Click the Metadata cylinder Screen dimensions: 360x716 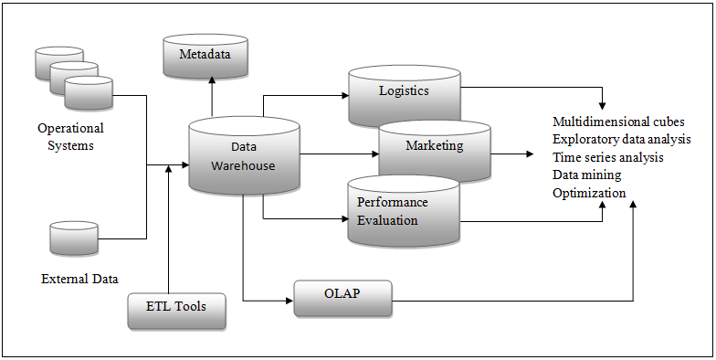click(x=205, y=56)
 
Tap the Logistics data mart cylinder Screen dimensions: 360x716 click(x=404, y=94)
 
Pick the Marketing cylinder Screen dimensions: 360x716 click(x=434, y=147)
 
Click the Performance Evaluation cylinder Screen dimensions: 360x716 click(x=403, y=211)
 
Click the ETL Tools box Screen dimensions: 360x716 click(x=175, y=308)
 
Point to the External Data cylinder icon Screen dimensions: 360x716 click(x=74, y=238)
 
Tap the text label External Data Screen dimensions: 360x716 click(x=79, y=279)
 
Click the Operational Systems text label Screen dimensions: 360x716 click(x=70, y=137)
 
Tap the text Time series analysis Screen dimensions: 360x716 click(x=607, y=157)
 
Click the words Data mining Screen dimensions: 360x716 click(x=586, y=175)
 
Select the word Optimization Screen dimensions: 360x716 click(x=589, y=193)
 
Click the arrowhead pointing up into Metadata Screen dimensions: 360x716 click(x=212, y=81)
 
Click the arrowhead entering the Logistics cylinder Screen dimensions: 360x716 click(x=343, y=94)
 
